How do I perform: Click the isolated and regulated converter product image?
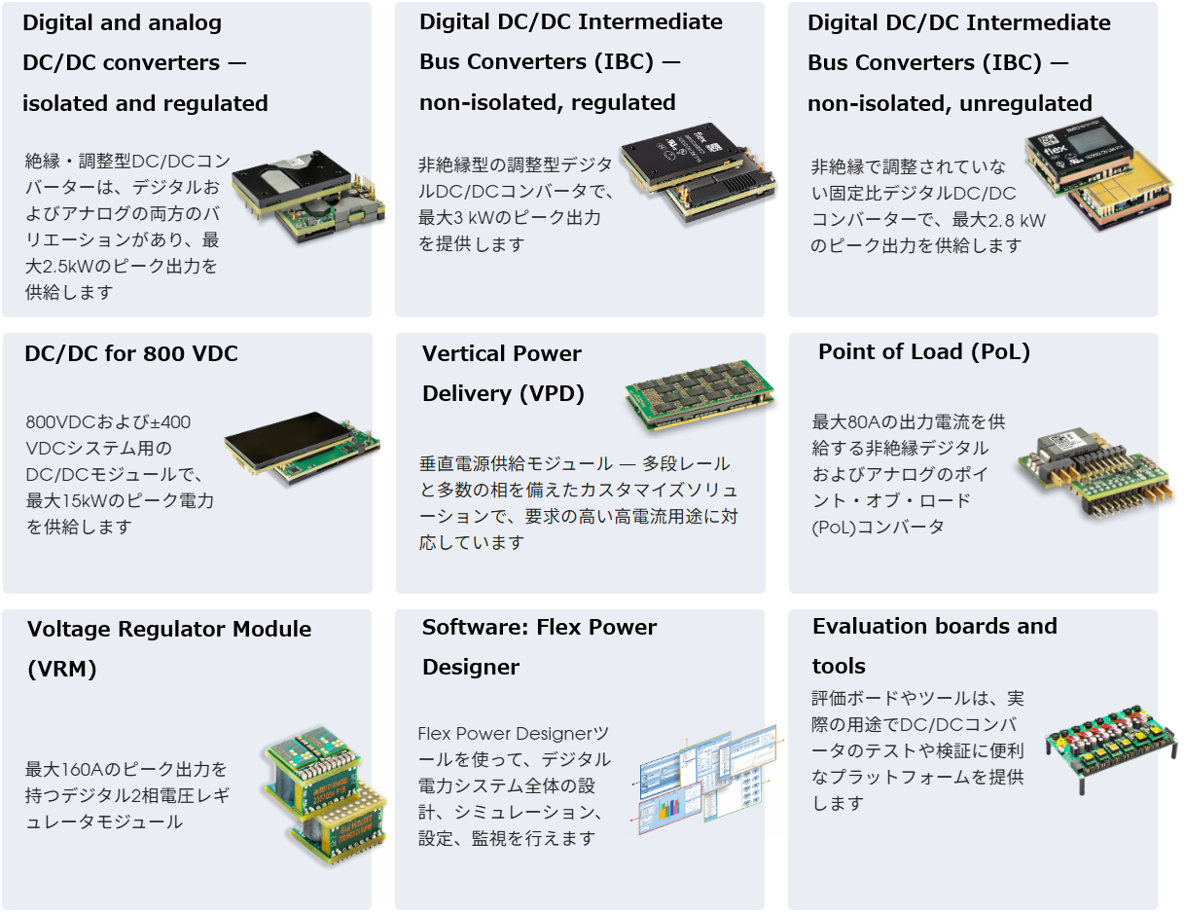coord(309,197)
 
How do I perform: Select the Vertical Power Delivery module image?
coord(700,395)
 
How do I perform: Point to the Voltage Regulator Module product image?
coord(325,795)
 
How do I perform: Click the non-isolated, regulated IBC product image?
coord(699,171)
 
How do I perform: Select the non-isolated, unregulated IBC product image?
coord(1099,173)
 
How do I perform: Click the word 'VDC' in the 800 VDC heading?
coord(210,353)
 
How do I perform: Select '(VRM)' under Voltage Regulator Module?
coord(62,669)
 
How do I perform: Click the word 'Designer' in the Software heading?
coord(471,668)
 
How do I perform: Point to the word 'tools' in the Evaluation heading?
coord(839,666)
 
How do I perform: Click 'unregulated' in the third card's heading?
coord(1025,103)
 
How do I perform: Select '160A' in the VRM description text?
coord(74,770)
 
